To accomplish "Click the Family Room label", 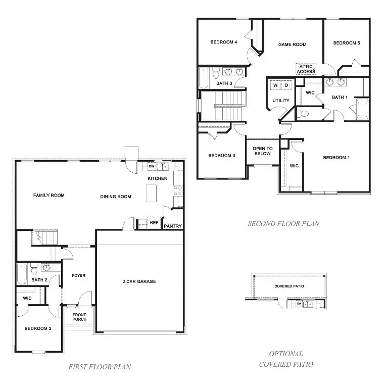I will (x=49, y=195).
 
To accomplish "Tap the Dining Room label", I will (x=115, y=197).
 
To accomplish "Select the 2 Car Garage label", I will (x=139, y=281).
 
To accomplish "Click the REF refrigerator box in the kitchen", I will (x=154, y=222).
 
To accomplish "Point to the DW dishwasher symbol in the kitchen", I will (x=151, y=166).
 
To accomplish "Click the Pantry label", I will (x=173, y=226).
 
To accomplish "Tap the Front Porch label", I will (x=79, y=317).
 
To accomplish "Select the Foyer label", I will (x=78, y=275).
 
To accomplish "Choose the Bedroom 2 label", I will (x=38, y=328).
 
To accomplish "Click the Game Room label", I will (x=292, y=44).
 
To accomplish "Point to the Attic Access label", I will (x=306, y=69).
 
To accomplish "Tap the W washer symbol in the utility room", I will (x=275, y=85).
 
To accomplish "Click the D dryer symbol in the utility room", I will (x=286, y=85).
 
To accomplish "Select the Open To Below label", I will (x=262, y=151).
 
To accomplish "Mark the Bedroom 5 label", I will (x=346, y=43).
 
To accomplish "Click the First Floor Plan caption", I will (x=100, y=367).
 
